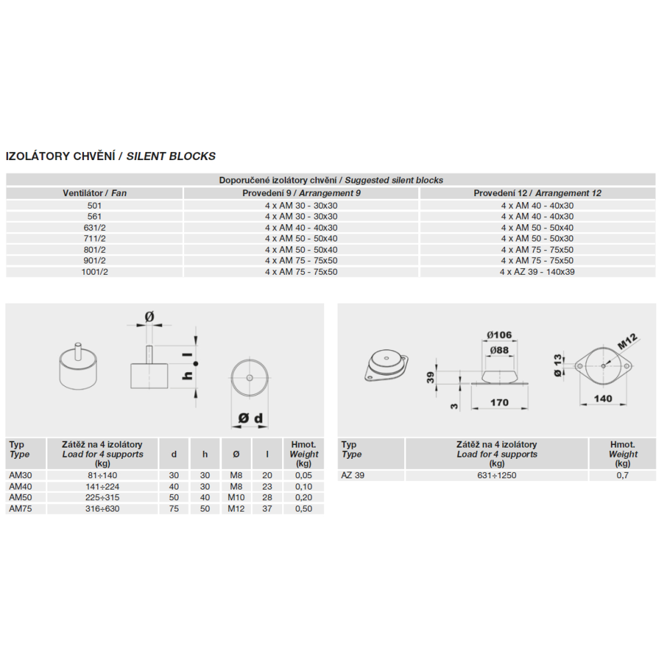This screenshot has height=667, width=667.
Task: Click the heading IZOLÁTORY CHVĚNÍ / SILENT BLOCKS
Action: [111, 156]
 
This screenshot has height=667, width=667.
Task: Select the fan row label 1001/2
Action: [94, 271]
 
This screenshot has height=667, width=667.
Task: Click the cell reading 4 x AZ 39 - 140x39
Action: [537, 271]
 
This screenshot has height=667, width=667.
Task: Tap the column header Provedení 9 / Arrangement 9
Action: [301, 193]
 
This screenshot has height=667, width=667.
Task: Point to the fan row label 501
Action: [94, 205]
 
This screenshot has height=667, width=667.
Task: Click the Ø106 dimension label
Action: [500, 334]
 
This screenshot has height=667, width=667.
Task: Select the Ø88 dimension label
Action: [500, 350]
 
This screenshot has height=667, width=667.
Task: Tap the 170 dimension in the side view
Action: [499, 402]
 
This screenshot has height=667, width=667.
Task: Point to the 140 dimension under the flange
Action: [603, 399]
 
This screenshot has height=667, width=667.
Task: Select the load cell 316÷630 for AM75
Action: [102, 509]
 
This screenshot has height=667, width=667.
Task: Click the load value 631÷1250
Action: [496, 476]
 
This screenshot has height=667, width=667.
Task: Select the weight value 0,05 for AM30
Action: [303, 476]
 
